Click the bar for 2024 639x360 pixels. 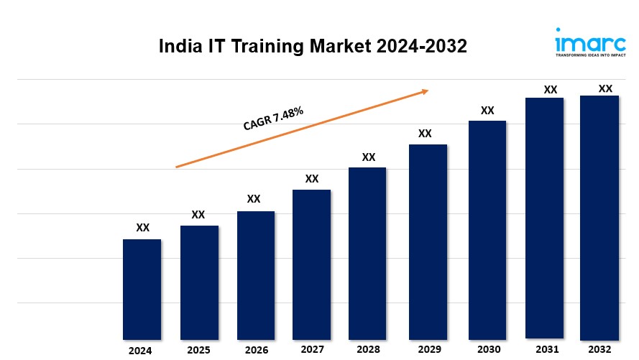[x=142, y=289]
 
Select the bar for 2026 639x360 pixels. [x=256, y=275]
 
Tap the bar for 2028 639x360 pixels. [x=368, y=253]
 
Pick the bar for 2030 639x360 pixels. [x=487, y=230]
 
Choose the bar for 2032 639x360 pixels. [x=599, y=218]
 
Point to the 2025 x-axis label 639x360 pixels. [x=199, y=350]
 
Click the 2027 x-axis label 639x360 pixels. [x=312, y=350]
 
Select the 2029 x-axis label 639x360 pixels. [x=428, y=350]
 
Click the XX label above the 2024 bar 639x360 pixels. [x=143, y=228]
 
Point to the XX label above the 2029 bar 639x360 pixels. [x=425, y=134]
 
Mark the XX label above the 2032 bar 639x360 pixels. [x=605, y=88]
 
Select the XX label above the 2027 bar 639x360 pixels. [x=312, y=179]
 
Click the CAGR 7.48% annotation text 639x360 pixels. [x=273, y=119]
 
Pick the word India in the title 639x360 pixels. [x=180, y=47]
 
